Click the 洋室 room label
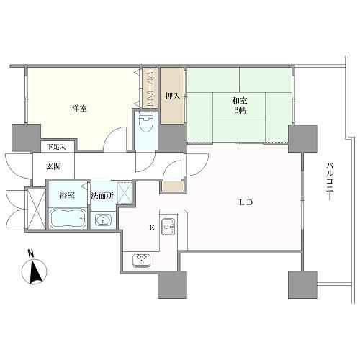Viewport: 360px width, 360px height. [x=79, y=109]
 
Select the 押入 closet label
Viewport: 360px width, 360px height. [x=173, y=95]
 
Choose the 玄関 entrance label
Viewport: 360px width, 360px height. [x=55, y=166]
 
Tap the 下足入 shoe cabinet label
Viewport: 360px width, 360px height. [x=56, y=147]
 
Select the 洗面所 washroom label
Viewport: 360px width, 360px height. [x=101, y=196]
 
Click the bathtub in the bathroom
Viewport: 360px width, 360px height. [x=68, y=218]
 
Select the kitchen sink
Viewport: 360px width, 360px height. [x=169, y=228]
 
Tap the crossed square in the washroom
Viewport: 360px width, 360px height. [x=125, y=192]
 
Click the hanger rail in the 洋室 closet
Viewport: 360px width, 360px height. [x=150, y=86]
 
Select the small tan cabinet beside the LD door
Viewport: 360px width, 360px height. [x=172, y=186]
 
